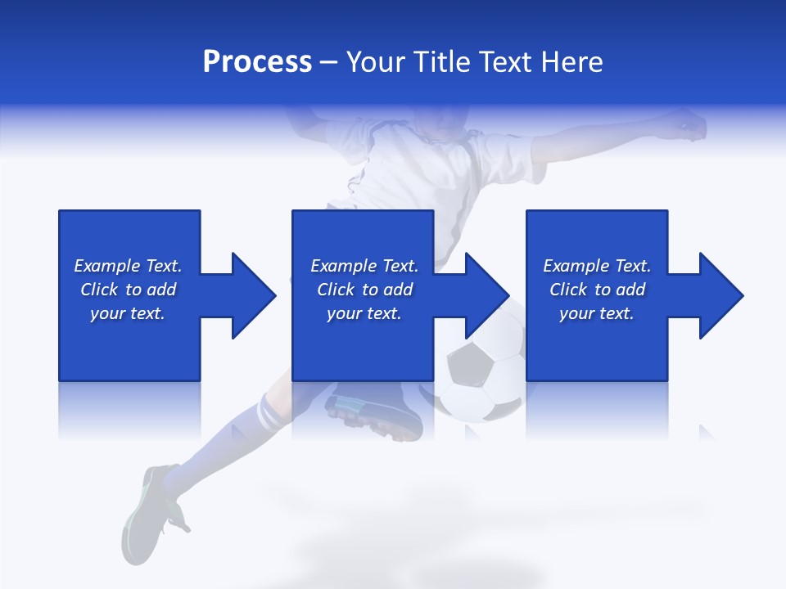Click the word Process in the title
tap(257, 62)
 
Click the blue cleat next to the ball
tap(373, 414)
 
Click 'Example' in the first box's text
tap(106, 266)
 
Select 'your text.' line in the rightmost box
tap(596, 313)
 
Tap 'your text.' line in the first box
tap(127, 313)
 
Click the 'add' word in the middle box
tap(397, 290)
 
